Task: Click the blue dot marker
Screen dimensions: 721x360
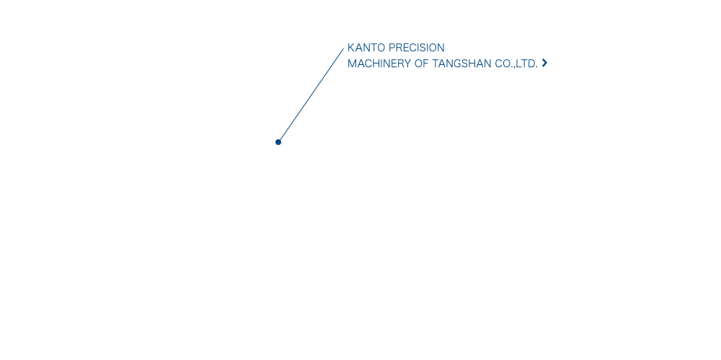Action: click(x=278, y=142)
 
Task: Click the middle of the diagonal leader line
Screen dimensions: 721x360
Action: click(x=311, y=95)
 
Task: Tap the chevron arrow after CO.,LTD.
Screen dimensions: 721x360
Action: click(x=544, y=63)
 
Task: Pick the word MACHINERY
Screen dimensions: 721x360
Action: click(x=379, y=64)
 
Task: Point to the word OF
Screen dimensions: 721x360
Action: click(x=422, y=64)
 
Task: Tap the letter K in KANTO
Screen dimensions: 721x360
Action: click(x=351, y=48)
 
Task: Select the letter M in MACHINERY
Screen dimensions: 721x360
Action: click(x=352, y=64)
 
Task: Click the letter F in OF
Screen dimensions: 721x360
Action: click(x=426, y=64)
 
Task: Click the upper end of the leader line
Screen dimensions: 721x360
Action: click(x=343, y=48)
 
